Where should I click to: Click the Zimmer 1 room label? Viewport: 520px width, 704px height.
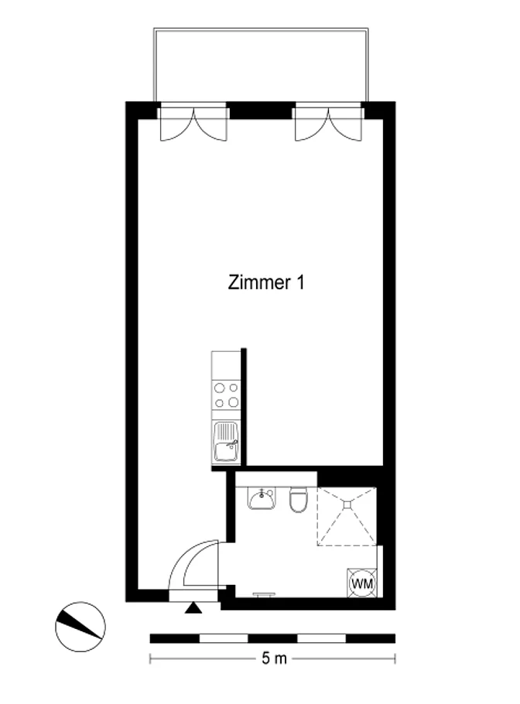point(266,282)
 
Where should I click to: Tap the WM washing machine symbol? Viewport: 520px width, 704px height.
point(362,583)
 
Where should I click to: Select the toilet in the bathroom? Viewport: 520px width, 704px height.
point(299,500)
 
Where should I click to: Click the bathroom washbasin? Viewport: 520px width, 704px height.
point(262,498)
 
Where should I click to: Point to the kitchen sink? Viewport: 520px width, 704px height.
point(226,442)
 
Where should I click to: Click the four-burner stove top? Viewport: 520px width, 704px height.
point(226,395)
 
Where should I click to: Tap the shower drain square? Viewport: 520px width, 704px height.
point(347,504)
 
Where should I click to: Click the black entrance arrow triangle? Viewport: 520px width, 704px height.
point(193,608)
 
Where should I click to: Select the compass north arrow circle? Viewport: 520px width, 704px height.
point(80,627)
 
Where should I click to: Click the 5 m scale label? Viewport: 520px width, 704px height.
point(274,658)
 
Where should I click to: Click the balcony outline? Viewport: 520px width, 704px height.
point(261,29)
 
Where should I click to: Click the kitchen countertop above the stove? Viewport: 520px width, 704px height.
point(226,365)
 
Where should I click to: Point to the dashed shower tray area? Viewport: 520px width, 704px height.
point(347,516)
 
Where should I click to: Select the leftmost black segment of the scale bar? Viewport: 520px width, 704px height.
point(174,638)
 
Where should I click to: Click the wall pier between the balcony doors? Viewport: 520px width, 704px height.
point(261,111)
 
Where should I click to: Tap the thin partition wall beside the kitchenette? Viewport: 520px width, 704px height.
point(244,406)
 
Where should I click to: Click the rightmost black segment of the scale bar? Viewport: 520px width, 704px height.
point(371,638)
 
